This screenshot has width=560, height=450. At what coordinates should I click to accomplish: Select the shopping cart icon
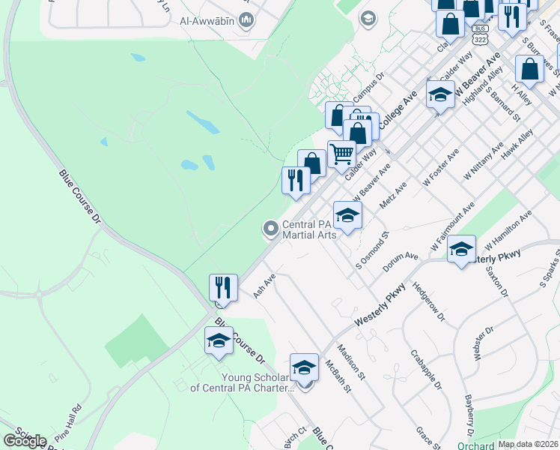pyautogui.click(x=342, y=154)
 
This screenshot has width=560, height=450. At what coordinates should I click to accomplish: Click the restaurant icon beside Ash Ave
pyautogui.click(x=224, y=287)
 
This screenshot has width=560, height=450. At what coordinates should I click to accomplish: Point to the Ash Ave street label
pyautogui.click(x=264, y=285)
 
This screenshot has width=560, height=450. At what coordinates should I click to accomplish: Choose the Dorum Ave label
pyautogui.click(x=401, y=262)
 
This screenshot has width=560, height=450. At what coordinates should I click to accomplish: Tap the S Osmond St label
pyautogui.click(x=373, y=250)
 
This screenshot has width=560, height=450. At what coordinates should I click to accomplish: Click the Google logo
pyautogui.click(x=25, y=440)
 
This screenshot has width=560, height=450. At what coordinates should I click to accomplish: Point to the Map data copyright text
pyautogui.click(x=528, y=444)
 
